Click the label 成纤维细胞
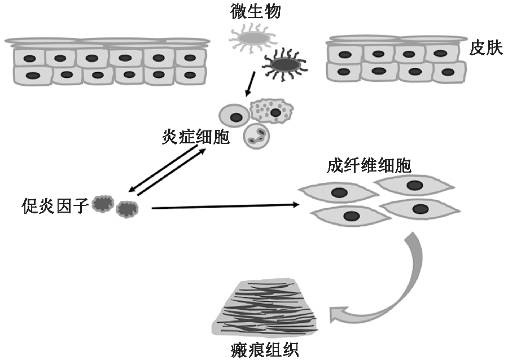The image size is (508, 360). (369, 165)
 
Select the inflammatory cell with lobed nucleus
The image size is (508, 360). (258, 135)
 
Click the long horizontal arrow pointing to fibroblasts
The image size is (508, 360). (226, 207)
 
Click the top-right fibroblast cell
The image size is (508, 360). (414, 186)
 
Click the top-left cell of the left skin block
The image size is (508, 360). (29, 57)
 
